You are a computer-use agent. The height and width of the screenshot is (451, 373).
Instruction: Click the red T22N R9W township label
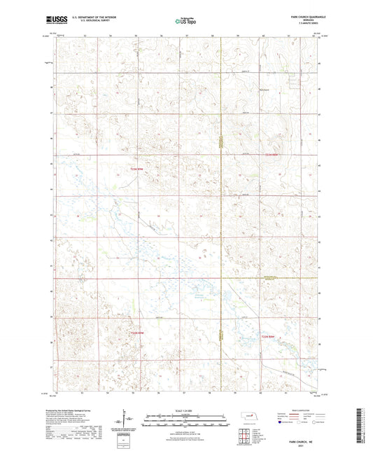pos(137,169)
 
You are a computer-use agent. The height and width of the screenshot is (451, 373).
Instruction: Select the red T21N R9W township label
pos(137,333)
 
